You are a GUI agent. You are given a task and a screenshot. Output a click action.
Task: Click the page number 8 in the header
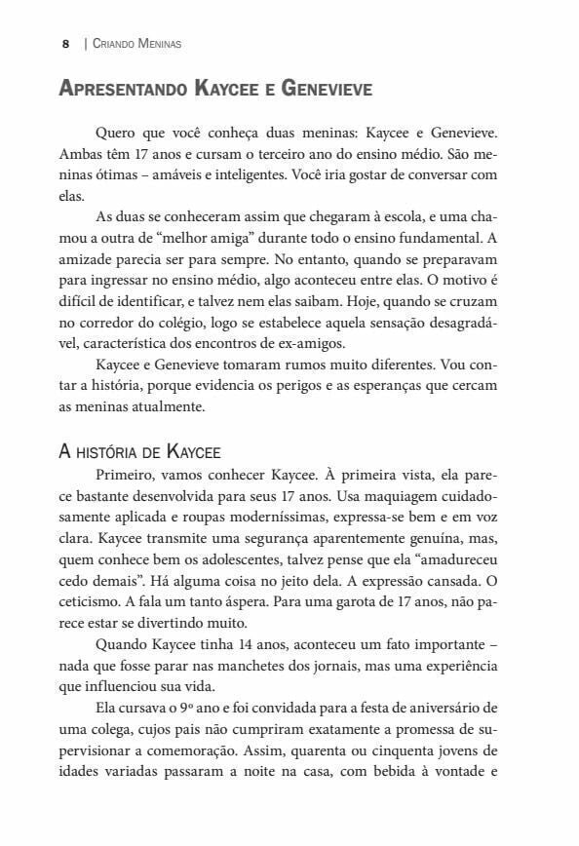tap(64, 44)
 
